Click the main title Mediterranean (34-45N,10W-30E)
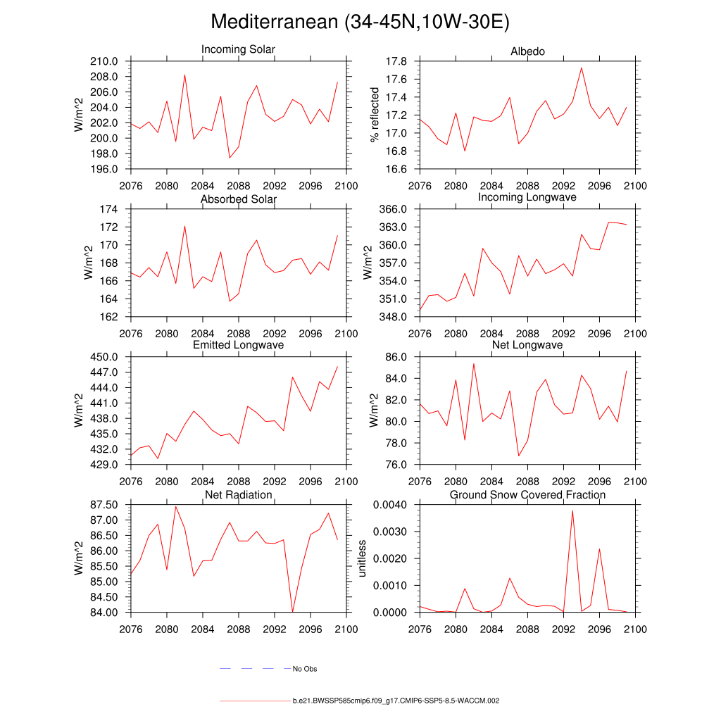[x=360, y=23]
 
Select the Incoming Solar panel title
[x=238, y=50]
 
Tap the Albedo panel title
[x=527, y=51]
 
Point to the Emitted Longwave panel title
[x=238, y=345]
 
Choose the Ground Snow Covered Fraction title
[x=527, y=495]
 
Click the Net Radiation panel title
[x=238, y=495]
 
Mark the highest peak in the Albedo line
[x=582, y=68]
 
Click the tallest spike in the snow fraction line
[x=572, y=510]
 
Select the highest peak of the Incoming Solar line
[x=184, y=75]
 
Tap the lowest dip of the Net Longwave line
[x=518, y=456]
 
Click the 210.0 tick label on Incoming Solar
[x=104, y=62]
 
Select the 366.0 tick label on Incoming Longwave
[x=394, y=210]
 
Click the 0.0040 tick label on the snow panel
[x=389, y=505]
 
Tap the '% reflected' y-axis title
[x=375, y=115]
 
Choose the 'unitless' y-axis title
[x=362, y=558]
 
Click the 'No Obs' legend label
[x=305, y=669]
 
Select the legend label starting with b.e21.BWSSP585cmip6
[x=396, y=701]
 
